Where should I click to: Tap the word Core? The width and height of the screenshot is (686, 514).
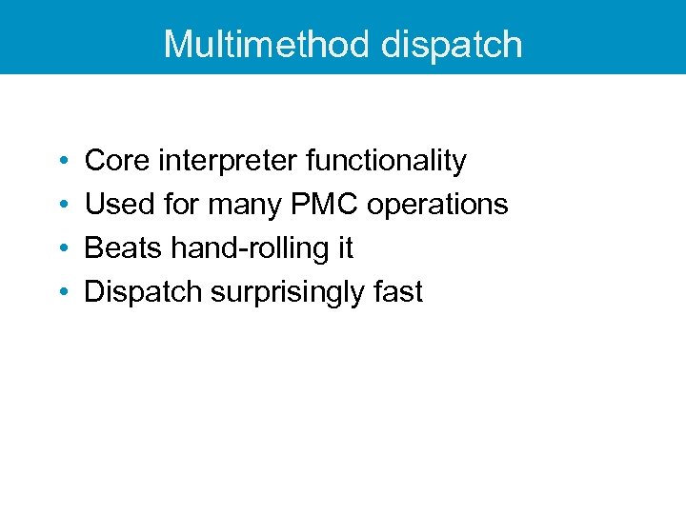[x=117, y=162]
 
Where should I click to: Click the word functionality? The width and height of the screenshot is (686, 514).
[x=386, y=162]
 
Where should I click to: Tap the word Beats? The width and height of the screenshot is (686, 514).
[x=124, y=248]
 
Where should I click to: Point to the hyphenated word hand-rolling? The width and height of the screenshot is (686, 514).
[x=250, y=248]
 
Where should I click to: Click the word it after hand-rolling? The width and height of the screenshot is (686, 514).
[x=345, y=248]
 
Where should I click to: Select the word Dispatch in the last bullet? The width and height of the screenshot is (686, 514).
[x=143, y=292]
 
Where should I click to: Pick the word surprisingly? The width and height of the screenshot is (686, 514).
[x=285, y=292]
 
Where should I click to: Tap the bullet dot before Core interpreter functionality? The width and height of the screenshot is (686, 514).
[x=61, y=163]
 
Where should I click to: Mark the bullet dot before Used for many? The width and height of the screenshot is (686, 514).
[x=61, y=206]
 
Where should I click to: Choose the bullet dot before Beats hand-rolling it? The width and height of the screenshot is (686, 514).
[x=61, y=249]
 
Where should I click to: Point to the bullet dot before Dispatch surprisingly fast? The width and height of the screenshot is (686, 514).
[x=61, y=293]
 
